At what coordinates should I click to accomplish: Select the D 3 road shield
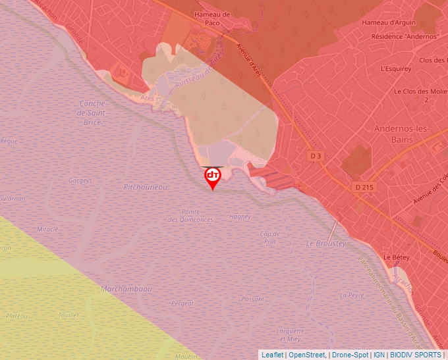pyautogui.click(x=316, y=156)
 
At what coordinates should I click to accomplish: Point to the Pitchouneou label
pyautogui.click(x=146, y=188)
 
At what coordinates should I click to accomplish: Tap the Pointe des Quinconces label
pyautogui.click(x=190, y=215)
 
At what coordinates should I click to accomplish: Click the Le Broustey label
pyautogui.click(x=325, y=244)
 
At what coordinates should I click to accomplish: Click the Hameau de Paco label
pyautogui.click(x=212, y=18)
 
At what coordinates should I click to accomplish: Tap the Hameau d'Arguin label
pyautogui.click(x=389, y=23)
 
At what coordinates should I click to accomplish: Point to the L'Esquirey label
pyautogui.click(x=396, y=68)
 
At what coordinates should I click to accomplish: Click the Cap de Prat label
pyautogui.click(x=270, y=238)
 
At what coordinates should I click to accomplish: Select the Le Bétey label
pyautogui.click(x=397, y=257)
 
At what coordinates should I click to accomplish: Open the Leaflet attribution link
pyautogui.click(x=272, y=355)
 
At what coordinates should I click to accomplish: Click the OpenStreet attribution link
pyautogui.click(x=307, y=355)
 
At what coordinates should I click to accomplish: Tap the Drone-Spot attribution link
pyautogui.click(x=350, y=355)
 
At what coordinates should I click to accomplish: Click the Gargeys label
pyautogui.click(x=80, y=180)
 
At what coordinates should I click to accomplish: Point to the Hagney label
pyautogui.click(x=239, y=217)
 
